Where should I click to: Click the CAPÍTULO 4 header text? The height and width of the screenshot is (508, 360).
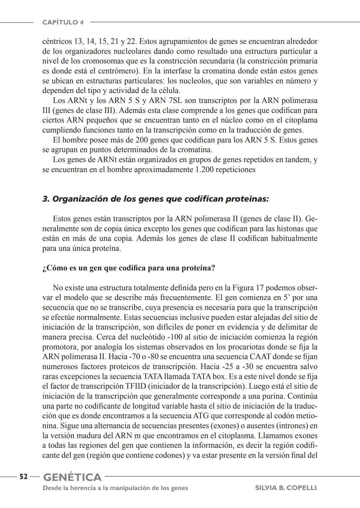63,22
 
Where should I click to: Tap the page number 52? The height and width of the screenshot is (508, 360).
23,477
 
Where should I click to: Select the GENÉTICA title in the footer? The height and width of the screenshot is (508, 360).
72,477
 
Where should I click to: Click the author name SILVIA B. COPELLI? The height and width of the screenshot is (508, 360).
286,488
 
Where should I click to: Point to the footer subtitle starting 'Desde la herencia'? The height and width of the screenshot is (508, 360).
115,488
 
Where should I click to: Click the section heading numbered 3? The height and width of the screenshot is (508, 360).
155,199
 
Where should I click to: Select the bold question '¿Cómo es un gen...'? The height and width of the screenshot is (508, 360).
129,268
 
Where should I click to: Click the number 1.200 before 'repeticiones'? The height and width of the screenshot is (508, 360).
204,169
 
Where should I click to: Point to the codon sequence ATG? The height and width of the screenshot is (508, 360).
202,416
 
